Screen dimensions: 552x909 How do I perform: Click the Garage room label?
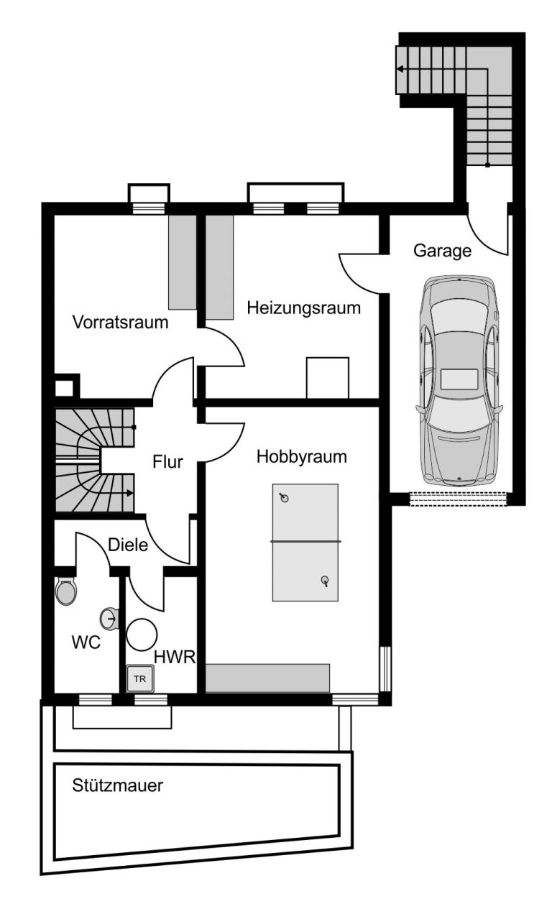(442, 252)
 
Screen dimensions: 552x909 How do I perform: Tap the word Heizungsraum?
(303, 308)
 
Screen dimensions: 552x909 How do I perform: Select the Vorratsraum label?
(120, 322)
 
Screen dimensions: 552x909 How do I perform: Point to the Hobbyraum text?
(302, 457)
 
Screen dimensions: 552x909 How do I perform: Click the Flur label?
(167, 462)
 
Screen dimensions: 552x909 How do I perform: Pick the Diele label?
(128, 545)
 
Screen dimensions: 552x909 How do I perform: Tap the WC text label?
(86, 643)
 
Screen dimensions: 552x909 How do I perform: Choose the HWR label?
(175, 657)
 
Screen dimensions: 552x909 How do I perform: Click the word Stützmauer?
(117, 785)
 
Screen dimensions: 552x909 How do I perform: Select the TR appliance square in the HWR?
(140, 678)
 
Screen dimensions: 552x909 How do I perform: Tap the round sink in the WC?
(109, 619)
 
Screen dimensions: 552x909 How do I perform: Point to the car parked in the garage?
(459, 381)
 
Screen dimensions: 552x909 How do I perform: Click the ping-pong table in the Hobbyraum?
(305, 542)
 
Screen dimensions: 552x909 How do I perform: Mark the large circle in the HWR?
(142, 635)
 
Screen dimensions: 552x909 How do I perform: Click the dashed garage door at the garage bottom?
(459, 499)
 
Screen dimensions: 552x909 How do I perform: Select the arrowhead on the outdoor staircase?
(400, 69)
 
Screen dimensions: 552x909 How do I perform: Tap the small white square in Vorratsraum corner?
(64, 388)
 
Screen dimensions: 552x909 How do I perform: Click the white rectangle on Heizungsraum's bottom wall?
(328, 378)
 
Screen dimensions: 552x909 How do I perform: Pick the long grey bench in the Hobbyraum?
(267, 678)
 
